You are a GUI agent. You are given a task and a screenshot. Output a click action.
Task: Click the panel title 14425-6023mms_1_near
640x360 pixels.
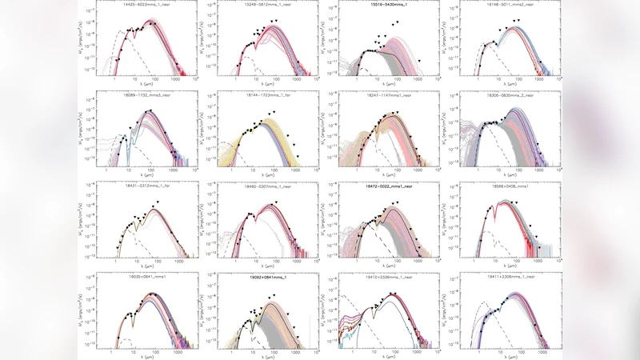click(146, 4)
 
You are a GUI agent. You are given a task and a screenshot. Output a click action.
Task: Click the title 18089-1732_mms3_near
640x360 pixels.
click(146, 94)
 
